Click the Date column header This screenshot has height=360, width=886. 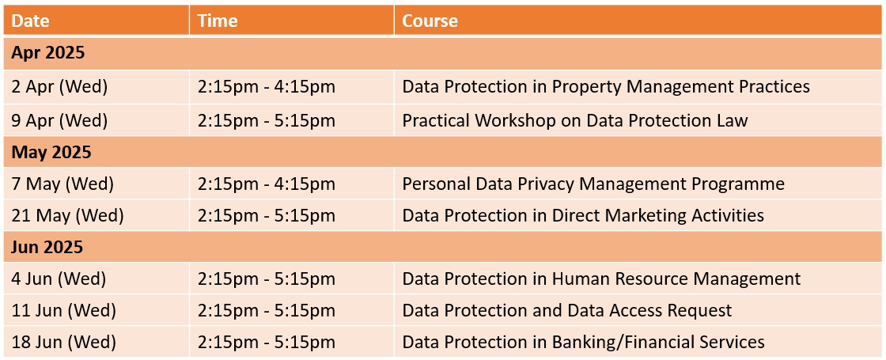(x=31, y=21)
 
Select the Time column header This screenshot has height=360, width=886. (x=218, y=21)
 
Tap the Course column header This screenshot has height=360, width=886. (x=430, y=21)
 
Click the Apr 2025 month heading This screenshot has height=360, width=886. (x=48, y=53)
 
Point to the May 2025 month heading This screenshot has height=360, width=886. (x=51, y=152)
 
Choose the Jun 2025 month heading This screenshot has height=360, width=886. (x=47, y=247)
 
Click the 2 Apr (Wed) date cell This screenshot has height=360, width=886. (x=59, y=86)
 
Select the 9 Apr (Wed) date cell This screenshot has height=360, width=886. (x=59, y=120)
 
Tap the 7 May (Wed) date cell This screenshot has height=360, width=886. (x=62, y=184)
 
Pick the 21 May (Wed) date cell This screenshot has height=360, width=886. (x=67, y=215)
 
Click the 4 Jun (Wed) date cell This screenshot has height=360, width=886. (x=59, y=279)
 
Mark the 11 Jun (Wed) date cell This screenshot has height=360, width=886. (x=64, y=310)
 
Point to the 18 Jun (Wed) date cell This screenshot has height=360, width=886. (x=64, y=342)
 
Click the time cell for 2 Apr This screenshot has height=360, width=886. (x=267, y=86)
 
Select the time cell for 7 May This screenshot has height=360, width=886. (x=267, y=184)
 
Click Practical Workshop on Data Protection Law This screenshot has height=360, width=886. (x=574, y=120)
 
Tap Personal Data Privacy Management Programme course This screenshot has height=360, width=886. (x=593, y=184)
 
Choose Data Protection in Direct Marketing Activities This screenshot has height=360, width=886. (x=583, y=215)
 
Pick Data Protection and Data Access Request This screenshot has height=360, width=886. (x=566, y=310)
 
